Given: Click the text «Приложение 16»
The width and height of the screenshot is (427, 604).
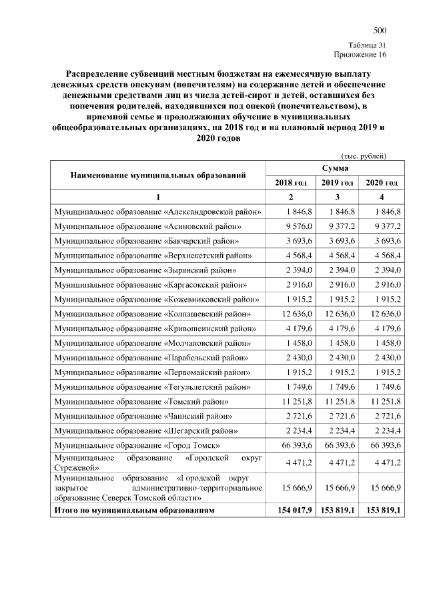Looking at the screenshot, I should (360, 54).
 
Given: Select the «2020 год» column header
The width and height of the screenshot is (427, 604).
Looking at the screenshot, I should (382, 182).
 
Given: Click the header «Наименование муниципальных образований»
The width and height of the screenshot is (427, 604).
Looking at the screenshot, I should (158, 175).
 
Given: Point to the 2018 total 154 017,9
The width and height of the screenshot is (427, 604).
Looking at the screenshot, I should (290, 511).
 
